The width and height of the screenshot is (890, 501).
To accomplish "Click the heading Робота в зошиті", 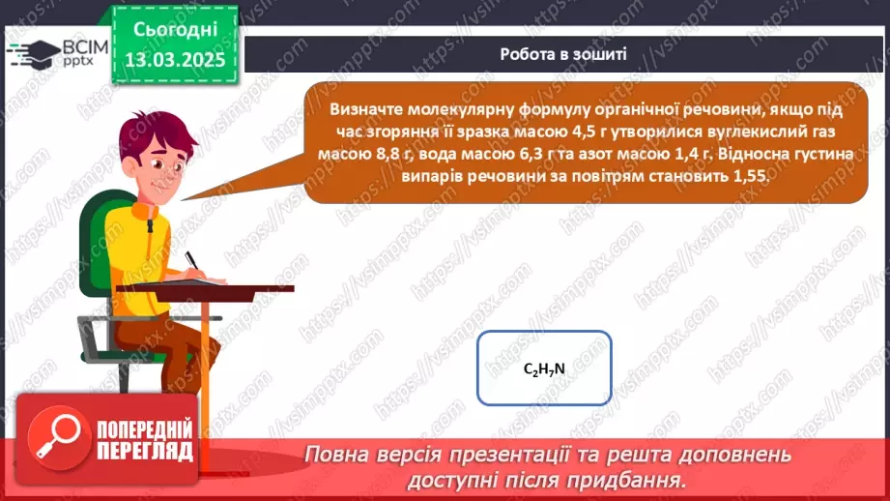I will (563, 54).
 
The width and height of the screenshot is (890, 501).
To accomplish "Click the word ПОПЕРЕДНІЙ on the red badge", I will (145, 427).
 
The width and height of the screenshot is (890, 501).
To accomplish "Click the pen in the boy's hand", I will (193, 261).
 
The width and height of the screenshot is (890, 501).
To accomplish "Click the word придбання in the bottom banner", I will (638, 479).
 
